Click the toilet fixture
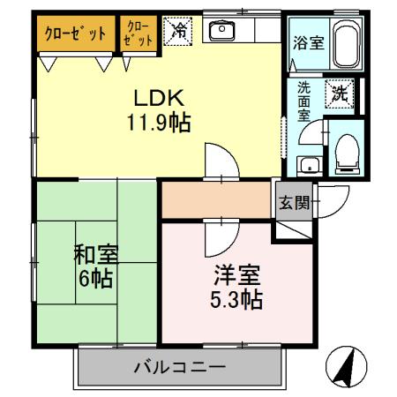(345, 152)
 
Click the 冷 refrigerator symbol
(178, 33)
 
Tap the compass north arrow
(349, 363)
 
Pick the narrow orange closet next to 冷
(139, 34)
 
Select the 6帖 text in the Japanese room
(92, 279)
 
